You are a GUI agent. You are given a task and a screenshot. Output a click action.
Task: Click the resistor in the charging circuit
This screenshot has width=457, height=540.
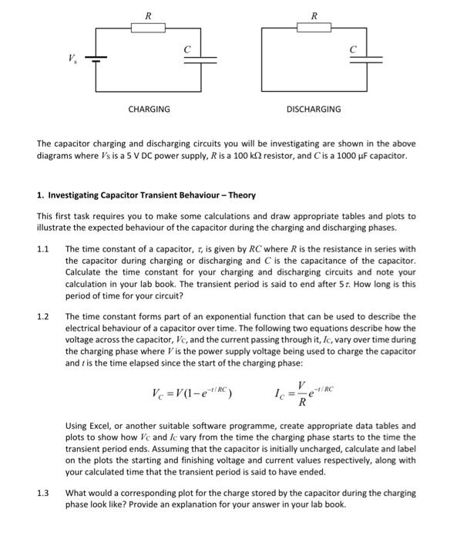pos(148,29)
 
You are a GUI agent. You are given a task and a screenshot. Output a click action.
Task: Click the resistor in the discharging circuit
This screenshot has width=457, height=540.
pos(313,29)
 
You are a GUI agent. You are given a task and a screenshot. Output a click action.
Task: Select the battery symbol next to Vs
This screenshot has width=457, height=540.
pos(95,58)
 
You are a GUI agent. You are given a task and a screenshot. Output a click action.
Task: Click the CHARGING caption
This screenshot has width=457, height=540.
pos(149,110)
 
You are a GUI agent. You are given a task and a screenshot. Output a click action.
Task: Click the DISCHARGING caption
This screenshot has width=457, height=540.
pos(313,110)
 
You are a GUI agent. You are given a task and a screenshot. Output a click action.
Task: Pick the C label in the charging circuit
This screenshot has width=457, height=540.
pos(186,47)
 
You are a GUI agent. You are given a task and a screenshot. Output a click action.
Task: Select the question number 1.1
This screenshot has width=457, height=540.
pos(43,249)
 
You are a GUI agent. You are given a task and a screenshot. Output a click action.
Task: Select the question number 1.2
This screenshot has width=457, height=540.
pos(43,316)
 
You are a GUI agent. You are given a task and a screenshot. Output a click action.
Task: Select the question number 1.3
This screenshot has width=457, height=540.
pos(43,492)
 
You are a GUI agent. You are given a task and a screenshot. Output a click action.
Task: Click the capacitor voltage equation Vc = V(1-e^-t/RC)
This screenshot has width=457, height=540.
pos(192,394)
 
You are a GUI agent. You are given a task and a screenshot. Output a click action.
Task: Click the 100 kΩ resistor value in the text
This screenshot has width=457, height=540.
pos(270,155)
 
